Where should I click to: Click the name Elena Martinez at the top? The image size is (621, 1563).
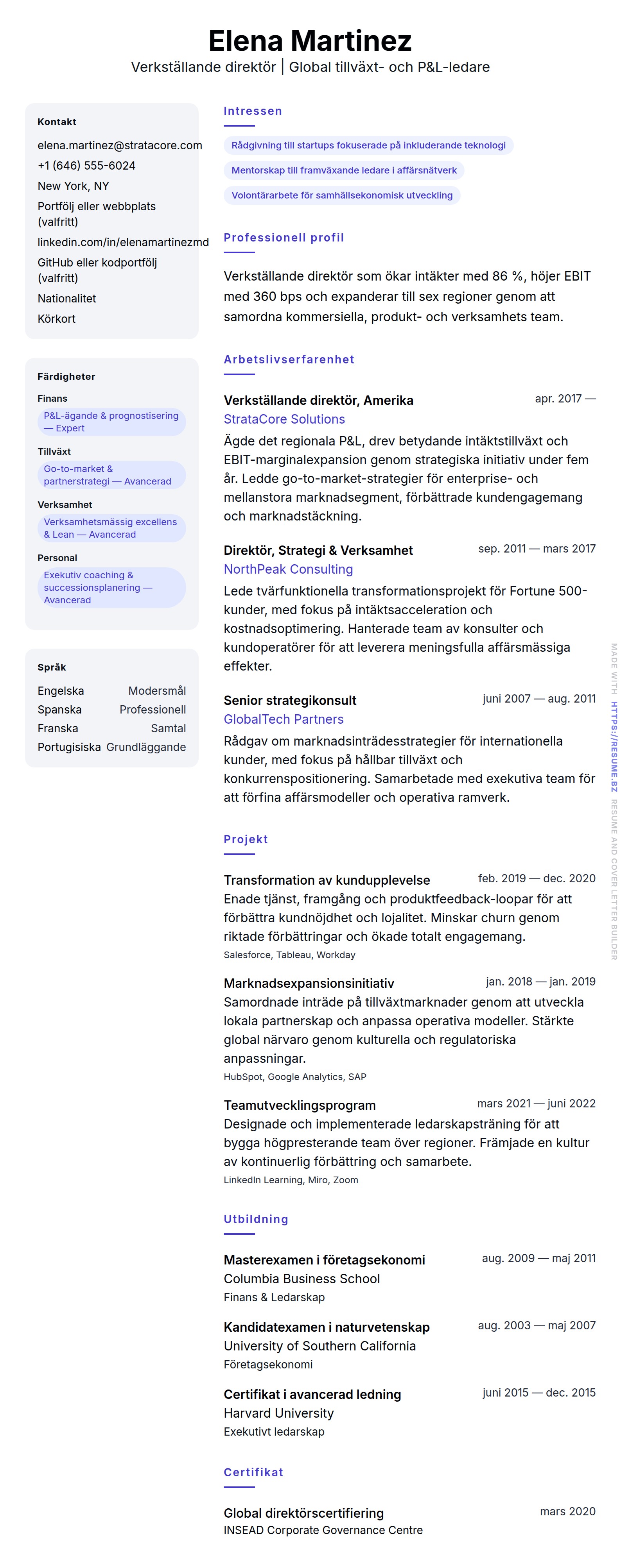click(x=310, y=41)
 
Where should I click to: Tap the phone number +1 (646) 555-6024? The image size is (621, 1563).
click(x=86, y=166)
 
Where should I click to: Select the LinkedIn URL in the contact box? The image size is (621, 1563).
click(x=123, y=242)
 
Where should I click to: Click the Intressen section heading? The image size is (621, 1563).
click(x=253, y=111)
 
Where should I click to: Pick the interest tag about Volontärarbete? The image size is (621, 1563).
click(x=342, y=195)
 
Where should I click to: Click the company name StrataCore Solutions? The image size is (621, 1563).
click(x=284, y=419)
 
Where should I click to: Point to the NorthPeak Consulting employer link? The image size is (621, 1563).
click(x=288, y=569)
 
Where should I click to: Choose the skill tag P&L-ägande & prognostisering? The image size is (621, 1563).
click(x=111, y=422)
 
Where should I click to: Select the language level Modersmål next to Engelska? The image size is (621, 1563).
click(x=156, y=691)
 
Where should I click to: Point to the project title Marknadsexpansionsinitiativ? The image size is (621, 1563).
click(x=309, y=983)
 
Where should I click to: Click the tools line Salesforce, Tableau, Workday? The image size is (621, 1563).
click(x=289, y=955)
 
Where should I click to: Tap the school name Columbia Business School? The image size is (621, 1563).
click(x=302, y=1279)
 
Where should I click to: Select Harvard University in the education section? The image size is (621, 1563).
click(x=279, y=1413)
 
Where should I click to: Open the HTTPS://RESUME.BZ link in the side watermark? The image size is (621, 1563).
click(x=614, y=746)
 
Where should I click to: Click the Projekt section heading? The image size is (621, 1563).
click(x=245, y=839)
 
